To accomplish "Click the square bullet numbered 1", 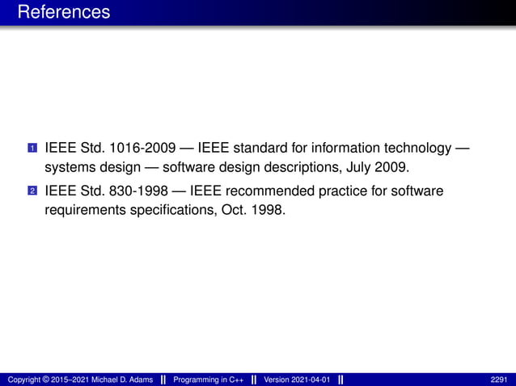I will pos(32,149).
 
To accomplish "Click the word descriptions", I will pos(304,168).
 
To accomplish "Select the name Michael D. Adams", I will pos(119,380).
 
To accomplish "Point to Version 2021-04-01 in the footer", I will pos(296,380).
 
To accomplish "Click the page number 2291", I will pos(498,380).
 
